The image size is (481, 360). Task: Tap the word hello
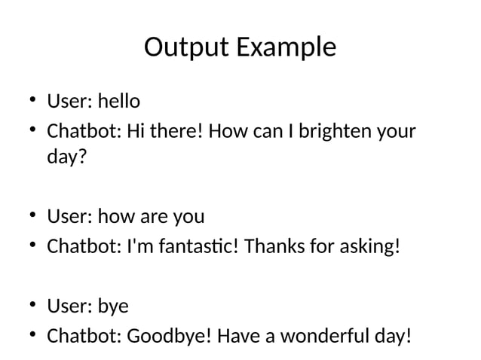click(x=119, y=100)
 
